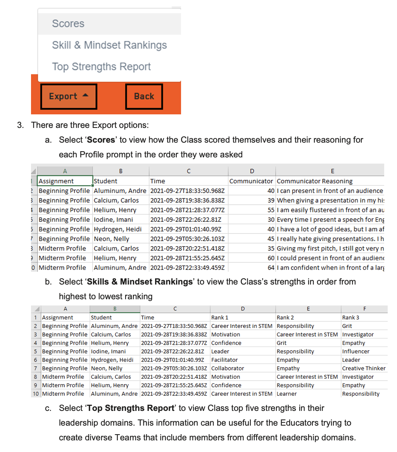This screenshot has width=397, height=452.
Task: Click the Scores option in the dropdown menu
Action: point(68,24)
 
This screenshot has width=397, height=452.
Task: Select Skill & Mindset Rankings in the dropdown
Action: point(109,45)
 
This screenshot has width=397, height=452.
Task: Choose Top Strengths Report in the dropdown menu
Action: point(101,67)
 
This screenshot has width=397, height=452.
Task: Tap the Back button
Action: point(144,96)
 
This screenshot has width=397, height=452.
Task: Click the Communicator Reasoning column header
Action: point(314,181)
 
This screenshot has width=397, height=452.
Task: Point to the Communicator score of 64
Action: point(271,268)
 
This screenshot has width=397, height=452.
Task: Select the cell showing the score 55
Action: point(271,210)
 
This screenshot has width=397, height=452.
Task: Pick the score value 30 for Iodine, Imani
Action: point(271,220)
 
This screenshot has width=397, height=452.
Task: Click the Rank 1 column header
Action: point(220,317)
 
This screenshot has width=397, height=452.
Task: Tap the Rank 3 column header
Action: point(350,317)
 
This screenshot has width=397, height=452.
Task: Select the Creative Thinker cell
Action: point(364,368)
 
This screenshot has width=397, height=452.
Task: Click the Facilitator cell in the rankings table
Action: point(224,360)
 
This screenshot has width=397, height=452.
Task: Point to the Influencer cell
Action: point(356,351)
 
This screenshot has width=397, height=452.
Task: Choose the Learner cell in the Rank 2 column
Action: point(287,394)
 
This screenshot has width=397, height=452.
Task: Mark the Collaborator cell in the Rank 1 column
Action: point(228,368)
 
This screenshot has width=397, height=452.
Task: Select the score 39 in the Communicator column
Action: point(271,200)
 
